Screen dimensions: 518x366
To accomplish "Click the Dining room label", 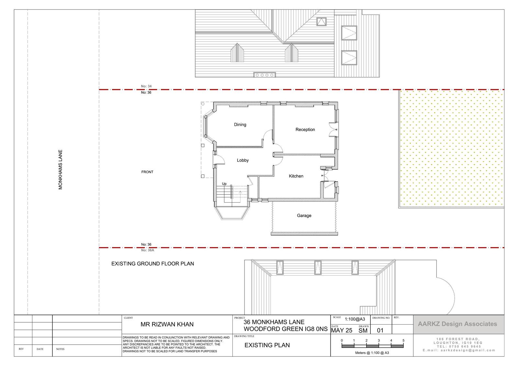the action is pyautogui.click(x=240, y=125).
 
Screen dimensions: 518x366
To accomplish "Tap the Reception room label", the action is pyautogui.click(x=305, y=130).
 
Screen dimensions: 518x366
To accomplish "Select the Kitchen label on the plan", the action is pyautogui.click(x=296, y=176).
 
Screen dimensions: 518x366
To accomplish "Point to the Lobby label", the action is pyautogui.click(x=242, y=160).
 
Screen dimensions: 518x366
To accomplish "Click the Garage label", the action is pyautogui.click(x=304, y=216).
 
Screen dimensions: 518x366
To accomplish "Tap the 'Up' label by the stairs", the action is pyautogui.click(x=224, y=184).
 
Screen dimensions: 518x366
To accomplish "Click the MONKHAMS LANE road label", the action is pyautogui.click(x=60, y=170).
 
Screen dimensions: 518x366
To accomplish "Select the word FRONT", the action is pyautogui.click(x=147, y=172).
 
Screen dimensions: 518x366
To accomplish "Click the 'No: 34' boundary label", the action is pyautogui.click(x=146, y=86).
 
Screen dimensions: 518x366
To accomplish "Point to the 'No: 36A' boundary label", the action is pyautogui.click(x=148, y=250).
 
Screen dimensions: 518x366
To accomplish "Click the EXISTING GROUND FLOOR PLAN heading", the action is pyautogui.click(x=152, y=264).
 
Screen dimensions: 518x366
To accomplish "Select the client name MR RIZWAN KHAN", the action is pyautogui.click(x=167, y=325).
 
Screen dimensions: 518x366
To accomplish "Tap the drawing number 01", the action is pyautogui.click(x=380, y=331).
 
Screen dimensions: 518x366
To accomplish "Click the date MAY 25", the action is pyautogui.click(x=342, y=331).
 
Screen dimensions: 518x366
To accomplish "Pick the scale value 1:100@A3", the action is pyautogui.click(x=355, y=319).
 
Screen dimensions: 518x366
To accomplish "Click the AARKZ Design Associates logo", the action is pyautogui.click(x=457, y=324).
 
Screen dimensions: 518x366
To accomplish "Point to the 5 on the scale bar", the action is pyautogui.click(x=403, y=340).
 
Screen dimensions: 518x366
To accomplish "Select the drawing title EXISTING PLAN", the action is pyautogui.click(x=267, y=345).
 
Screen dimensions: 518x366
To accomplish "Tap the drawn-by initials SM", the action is pyautogui.click(x=363, y=331).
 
